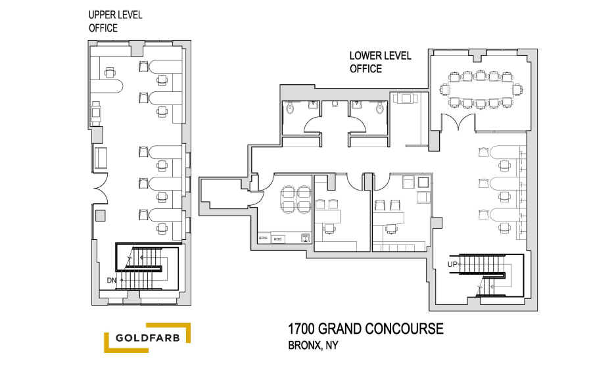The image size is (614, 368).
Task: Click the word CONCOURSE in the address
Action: pos(406,328)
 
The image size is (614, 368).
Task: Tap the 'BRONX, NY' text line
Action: pos(314,345)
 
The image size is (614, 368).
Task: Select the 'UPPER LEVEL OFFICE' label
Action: pos(115,21)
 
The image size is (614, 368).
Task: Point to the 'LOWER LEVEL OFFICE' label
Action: pos(380,62)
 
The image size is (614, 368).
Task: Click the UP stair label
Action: pos(452,264)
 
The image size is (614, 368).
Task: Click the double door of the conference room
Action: pos(458,122)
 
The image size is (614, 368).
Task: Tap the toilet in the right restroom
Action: pos(379,108)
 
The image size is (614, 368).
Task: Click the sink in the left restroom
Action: pos(314,104)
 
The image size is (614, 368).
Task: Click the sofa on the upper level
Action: pos(102,158)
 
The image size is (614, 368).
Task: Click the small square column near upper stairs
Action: pos(100,215)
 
